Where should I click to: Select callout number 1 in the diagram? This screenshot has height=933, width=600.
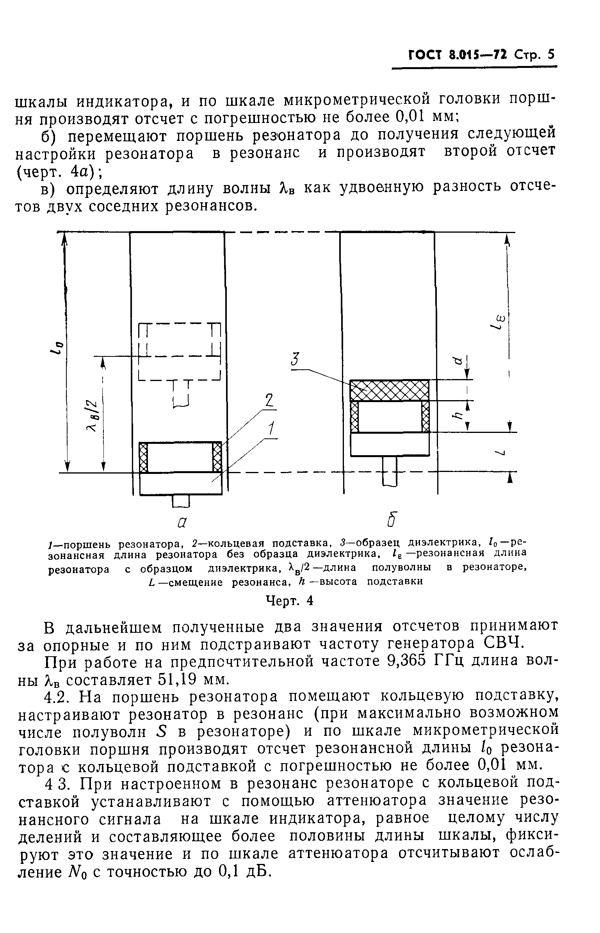[271, 429]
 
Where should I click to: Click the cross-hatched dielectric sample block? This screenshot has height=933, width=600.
[389, 390]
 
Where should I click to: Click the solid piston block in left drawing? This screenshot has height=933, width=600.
[180, 484]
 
